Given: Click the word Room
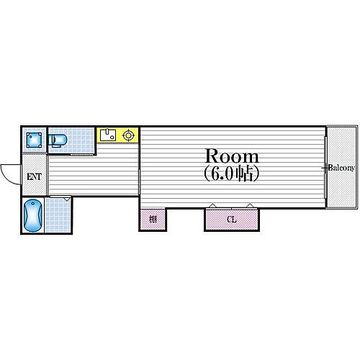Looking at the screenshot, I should [x=233, y=156].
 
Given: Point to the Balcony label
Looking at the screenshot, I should [x=341, y=168].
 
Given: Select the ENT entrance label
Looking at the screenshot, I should [x=34, y=177].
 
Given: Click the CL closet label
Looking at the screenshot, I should [x=231, y=219].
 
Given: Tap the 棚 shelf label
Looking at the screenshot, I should [x=153, y=219].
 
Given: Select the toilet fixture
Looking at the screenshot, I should [x=60, y=139].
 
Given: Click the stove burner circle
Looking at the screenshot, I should [x=130, y=135].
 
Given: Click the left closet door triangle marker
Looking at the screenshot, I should [x=211, y=206].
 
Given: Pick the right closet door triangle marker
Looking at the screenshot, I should [x=250, y=206].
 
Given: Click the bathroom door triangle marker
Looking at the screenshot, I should [x=67, y=199].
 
